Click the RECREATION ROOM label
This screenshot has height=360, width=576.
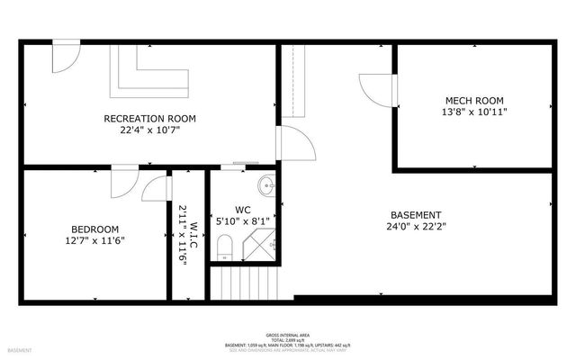tap(149, 118)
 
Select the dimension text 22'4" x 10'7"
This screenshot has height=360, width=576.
tap(149, 130)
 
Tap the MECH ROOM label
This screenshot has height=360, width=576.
tap(474, 100)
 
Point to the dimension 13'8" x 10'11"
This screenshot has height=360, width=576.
tap(474, 112)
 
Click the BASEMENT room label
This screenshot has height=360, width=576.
tap(415, 215)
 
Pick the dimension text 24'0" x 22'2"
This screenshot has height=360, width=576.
tap(415, 227)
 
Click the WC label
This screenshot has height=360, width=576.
tap(243, 208)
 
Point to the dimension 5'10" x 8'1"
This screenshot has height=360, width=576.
tap(243, 220)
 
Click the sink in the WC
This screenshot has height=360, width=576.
tap(266, 187)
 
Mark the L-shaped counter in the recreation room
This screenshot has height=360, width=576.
tap(148, 79)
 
